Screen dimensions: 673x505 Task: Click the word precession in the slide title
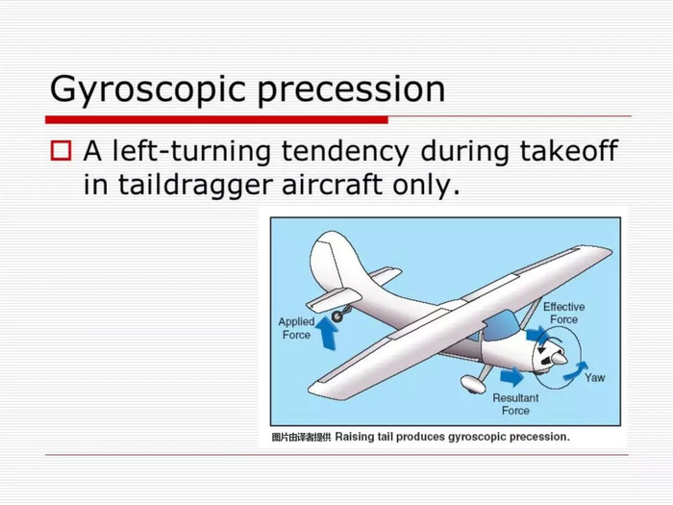click(351, 91)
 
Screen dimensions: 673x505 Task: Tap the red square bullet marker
click(61, 151)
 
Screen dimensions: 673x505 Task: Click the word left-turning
click(191, 152)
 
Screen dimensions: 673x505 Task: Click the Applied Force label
click(296, 328)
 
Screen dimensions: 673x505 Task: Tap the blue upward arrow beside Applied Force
click(327, 333)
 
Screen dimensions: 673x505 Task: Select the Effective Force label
click(563, 313)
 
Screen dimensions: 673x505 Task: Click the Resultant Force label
click(515, 404)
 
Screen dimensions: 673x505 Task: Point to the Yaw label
click(594, 378)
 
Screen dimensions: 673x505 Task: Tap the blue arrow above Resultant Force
click(512, 377)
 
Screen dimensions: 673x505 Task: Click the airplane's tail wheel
click(337, 316)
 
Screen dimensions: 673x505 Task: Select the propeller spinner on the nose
click(560, 358)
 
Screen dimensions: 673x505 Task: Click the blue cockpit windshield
click(501, 325)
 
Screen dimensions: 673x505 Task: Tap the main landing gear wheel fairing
click(472, 384)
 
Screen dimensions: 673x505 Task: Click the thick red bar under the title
click(216, 120)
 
